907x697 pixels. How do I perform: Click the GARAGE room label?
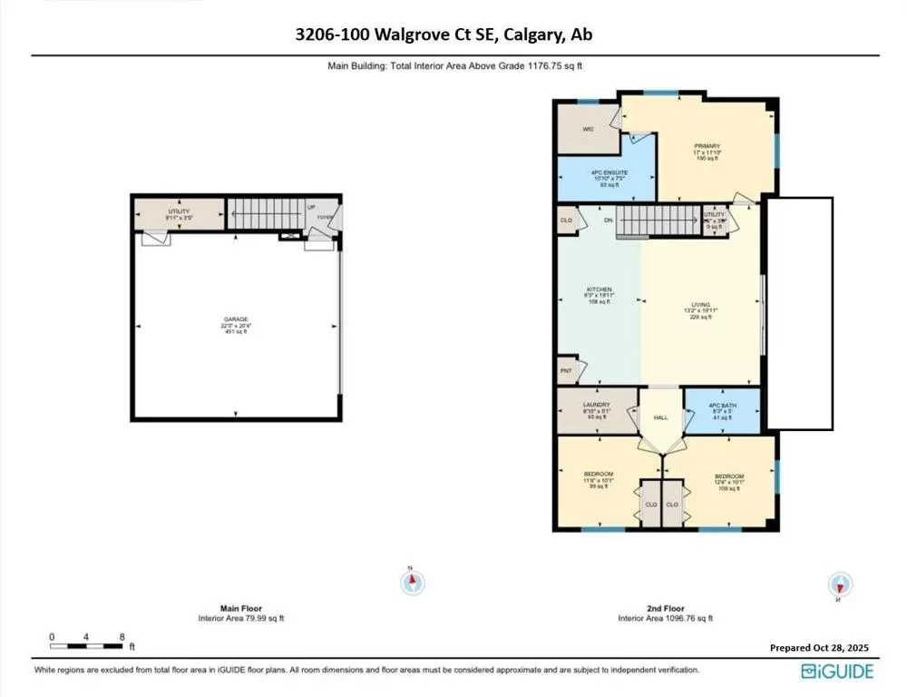point(236,319)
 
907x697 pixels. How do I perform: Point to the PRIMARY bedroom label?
point(707,145)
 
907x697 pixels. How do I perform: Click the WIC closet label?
point(588,129)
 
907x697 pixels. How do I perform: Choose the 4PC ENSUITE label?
point(609,172)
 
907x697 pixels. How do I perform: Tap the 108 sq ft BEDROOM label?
point(729,476)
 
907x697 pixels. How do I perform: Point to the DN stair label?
point(609,221)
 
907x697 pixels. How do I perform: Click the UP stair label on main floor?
point(310,207)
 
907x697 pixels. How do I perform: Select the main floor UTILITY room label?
point(178,211)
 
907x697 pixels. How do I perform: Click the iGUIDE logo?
point(836,672)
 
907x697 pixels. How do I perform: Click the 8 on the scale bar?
point(122,637)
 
